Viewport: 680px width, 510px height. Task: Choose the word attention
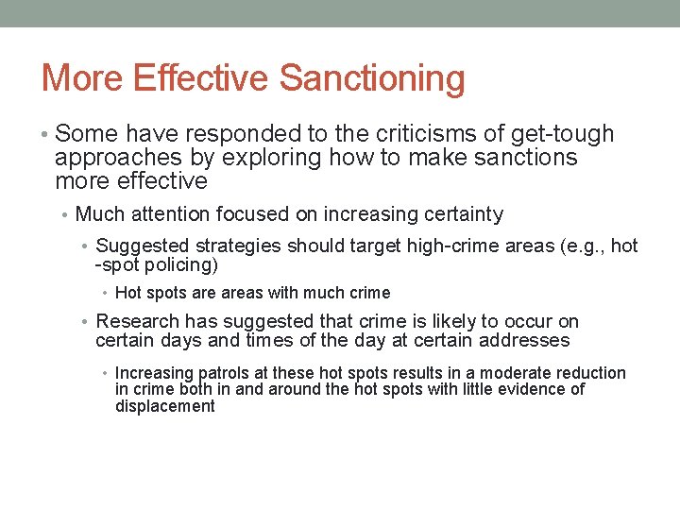[x=172, y=215]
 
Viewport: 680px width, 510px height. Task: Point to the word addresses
[x=524, y=340]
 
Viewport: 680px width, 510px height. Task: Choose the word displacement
[x=165, y=407]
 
